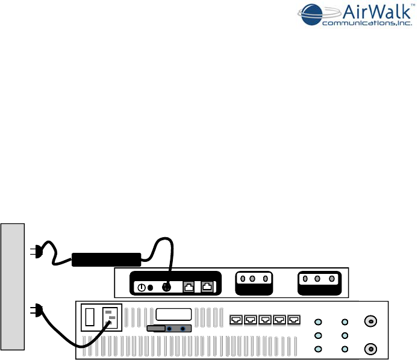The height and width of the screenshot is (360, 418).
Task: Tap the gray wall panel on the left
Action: click(13, 287)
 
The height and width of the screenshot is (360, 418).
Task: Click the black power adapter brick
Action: click(106, 259)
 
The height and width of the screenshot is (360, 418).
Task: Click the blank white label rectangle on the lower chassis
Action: click(173, 315)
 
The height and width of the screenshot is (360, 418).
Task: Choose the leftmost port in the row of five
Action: click(236, 318)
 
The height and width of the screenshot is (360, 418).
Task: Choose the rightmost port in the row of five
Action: click(294, 318)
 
